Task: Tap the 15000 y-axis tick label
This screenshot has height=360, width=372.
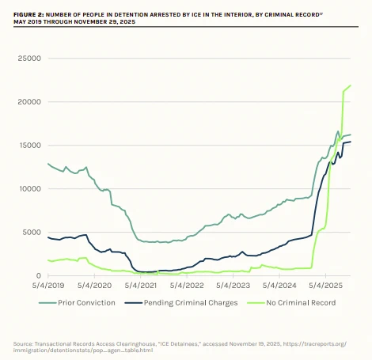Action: click(29, 146)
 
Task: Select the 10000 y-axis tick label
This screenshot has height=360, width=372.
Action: click(29, 189)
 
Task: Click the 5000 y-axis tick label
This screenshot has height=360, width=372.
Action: click(32, 233)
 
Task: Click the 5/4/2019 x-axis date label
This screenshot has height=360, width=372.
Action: click(47, 285)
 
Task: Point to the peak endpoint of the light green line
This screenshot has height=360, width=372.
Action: click(351, 85)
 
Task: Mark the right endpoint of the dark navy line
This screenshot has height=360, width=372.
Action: click(351, 142)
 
